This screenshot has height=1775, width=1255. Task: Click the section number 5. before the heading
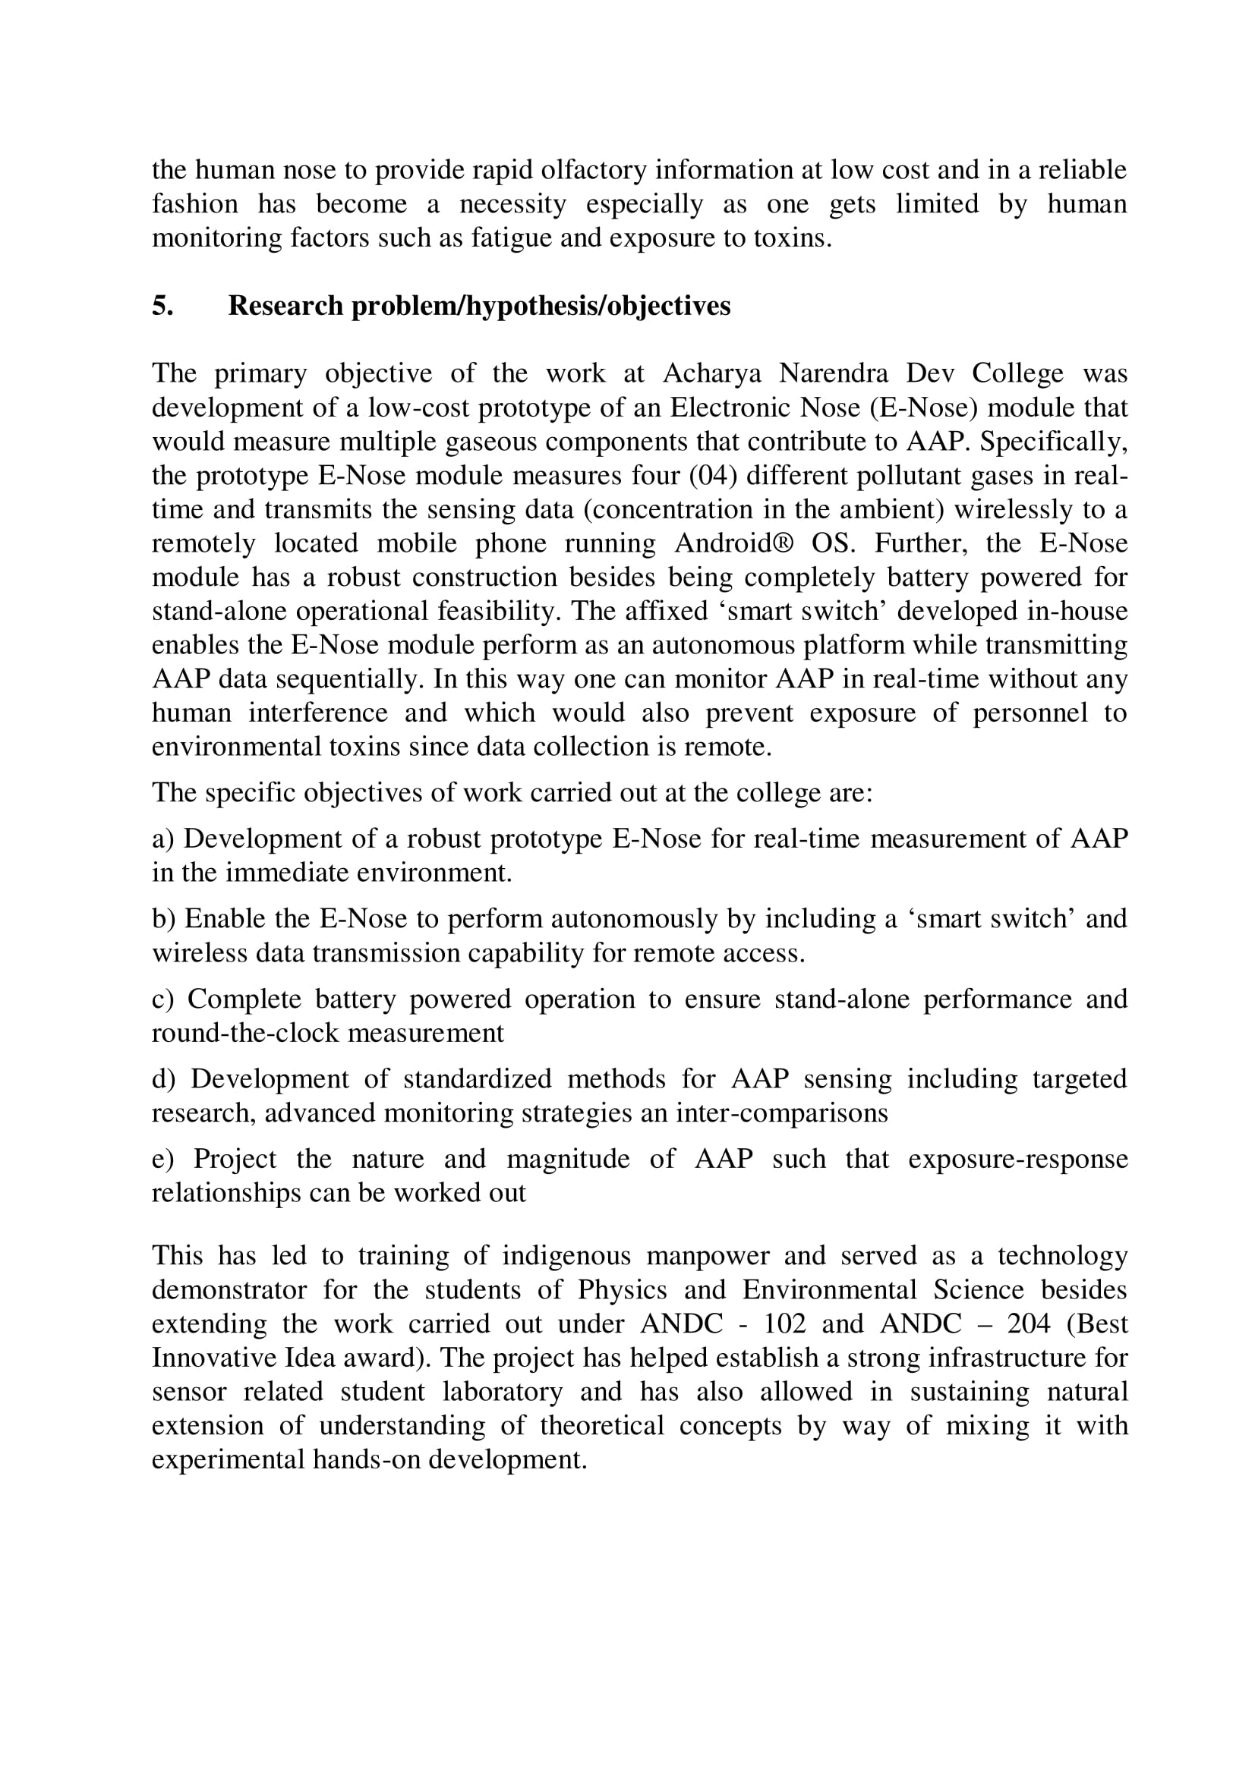pyautogui.click(x=162, y=306)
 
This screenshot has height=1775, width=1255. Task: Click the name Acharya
pyautogui.click(x=711, y=373)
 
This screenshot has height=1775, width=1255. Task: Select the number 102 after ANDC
pyautogui.click(x=784, y=1323)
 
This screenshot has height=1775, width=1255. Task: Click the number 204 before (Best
pyautogui.click(x=1029, y=1323)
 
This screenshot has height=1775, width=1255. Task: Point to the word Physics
pyautogui.click(x=622, y=1289)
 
